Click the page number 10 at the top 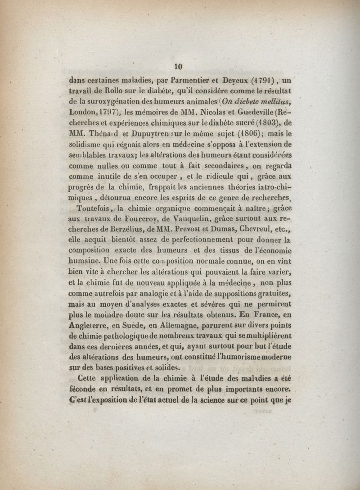178,66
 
